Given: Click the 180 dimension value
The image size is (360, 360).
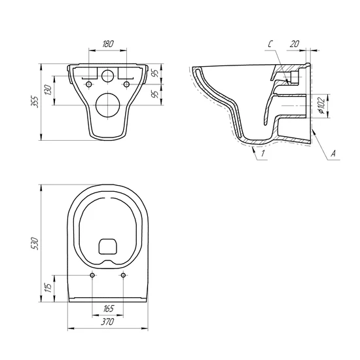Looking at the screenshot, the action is pyautogui.click(x=108, y=44).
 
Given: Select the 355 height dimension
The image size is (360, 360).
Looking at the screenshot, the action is pyautogui.click(x=35, y=101).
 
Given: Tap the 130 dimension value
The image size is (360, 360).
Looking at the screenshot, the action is pyautogui.click(x=48, y=90).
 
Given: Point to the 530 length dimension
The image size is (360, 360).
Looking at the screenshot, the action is pyautogui.click(x=35, y=243).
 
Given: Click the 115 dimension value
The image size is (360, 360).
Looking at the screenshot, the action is pyautogui.click(x=48, y=288).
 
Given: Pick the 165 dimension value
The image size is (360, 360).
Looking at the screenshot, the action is pyautogui.click(x=108, y=308).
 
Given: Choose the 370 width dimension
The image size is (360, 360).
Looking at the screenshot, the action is pyautogui.click(x=107, y=321).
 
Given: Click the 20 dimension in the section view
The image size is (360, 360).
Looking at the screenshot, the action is pyautogui.click(x=295, y=44).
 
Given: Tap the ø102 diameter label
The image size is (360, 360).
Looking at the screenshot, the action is pyautogui.click(x=321, y=105).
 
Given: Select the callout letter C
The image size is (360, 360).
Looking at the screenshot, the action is pyautogui.click(x=270, y=44).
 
